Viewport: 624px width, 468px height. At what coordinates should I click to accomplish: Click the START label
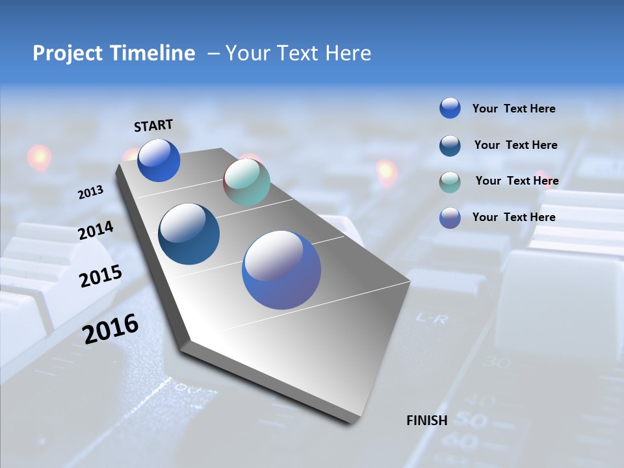click(x=153, y=125)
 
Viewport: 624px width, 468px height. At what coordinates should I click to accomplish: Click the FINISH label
click(x=426, y=421)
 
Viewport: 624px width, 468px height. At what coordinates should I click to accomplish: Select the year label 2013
click(x=90, y=192)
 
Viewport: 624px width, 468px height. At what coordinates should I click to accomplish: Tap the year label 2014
click(x=96, y=231)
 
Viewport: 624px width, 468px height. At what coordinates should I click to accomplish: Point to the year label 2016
click(x=110, y=328)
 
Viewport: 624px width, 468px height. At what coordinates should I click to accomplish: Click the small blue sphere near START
click(x=159, y=161)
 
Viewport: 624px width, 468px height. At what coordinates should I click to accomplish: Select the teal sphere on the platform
click(x=246, y=182)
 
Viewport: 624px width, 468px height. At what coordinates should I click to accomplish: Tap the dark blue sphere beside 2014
click(x=189, y=234)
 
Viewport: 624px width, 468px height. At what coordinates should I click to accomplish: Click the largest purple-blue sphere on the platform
click(x=281, y=270)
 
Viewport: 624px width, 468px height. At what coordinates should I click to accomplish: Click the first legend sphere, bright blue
click(x=450, y=108)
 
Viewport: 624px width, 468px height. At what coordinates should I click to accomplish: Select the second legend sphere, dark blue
click(x=450, y=146)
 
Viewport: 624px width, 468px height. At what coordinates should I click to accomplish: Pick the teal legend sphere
click(x=450, y=182)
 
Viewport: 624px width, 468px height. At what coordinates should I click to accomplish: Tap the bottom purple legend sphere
click(x=450, y=218)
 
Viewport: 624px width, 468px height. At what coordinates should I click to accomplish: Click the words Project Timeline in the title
click(x=114, y=53)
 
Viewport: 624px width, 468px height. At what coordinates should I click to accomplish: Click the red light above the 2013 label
click(x=39, y=157)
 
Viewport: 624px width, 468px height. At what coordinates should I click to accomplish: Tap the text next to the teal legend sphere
click(x=517, y=181)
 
